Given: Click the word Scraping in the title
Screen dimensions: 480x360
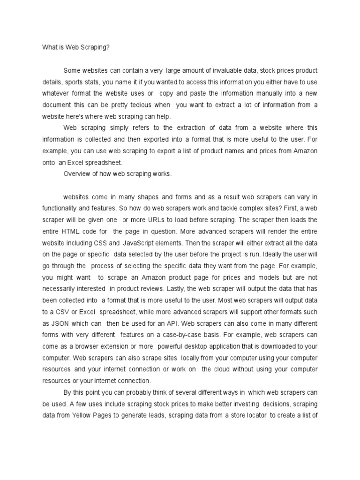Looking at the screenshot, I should click(x=95, y=47).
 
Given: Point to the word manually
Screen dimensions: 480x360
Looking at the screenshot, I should click(x=256, y=93).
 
